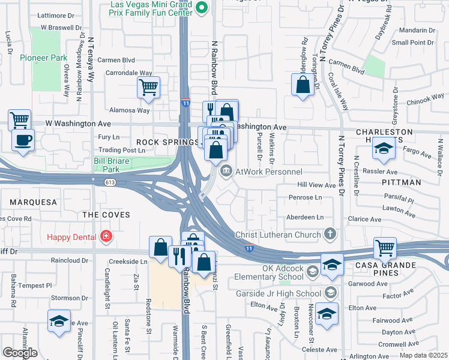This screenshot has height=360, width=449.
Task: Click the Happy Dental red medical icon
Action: pos(106,237)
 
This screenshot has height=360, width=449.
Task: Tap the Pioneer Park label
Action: pos(42,58)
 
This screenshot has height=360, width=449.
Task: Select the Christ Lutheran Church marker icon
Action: pos(330,233)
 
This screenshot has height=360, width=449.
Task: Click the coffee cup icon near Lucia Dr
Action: pos(23,140)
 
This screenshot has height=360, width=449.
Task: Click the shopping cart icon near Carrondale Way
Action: pos(148,87)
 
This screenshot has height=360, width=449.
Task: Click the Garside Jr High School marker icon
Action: pos(330,293)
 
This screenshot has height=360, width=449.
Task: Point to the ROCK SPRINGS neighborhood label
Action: pos(159,142)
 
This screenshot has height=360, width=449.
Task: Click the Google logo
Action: pos(20,353)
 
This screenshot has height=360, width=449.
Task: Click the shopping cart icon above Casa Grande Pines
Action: pos(385,247)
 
